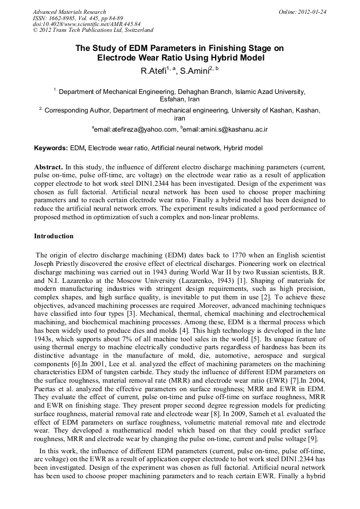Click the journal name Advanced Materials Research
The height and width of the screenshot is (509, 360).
click(69, 11)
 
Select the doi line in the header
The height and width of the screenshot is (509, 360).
click(87, 24)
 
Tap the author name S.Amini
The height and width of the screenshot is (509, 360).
click(194, 71)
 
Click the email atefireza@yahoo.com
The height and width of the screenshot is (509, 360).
click(135, 129)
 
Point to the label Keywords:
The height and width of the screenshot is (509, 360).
click(51, 148)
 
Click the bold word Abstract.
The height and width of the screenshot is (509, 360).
click(48, 167)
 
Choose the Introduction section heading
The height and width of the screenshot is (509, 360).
click(54, 236)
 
